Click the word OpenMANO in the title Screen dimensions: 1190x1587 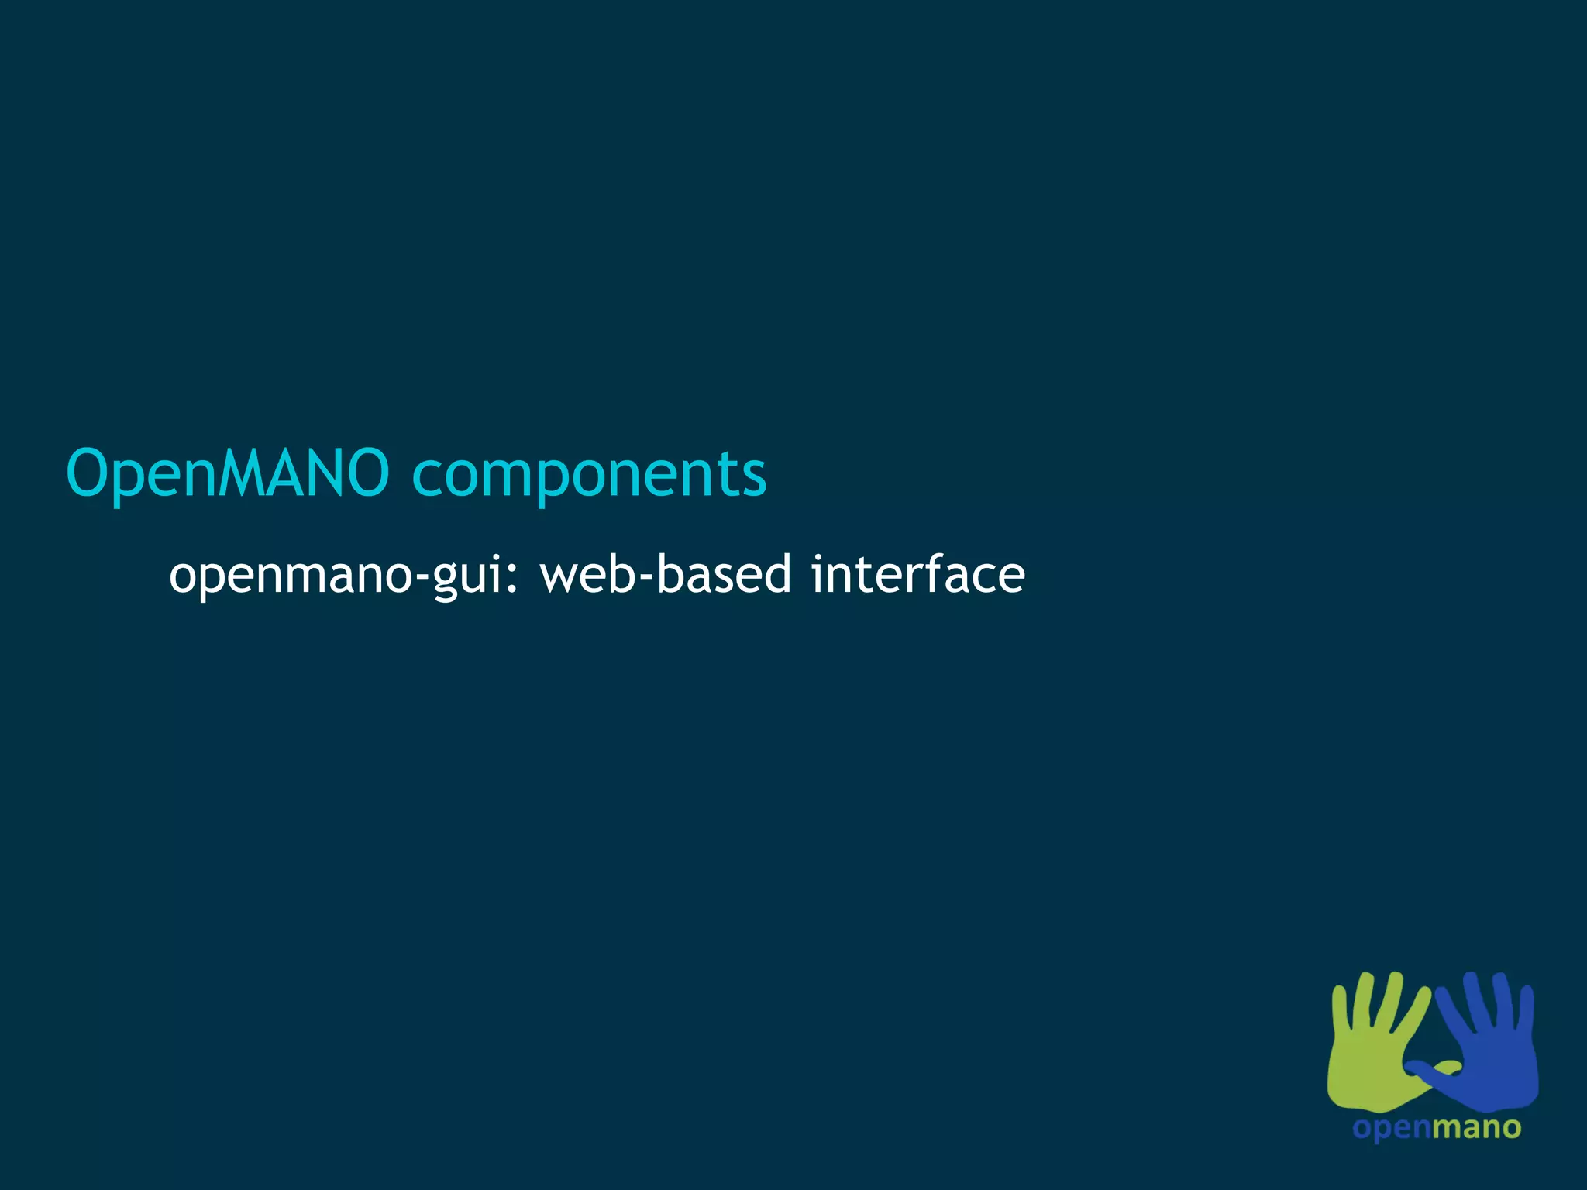tap(227, 473)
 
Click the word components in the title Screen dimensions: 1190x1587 tap(589, 474)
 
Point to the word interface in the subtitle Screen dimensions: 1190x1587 tap(917, 575)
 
